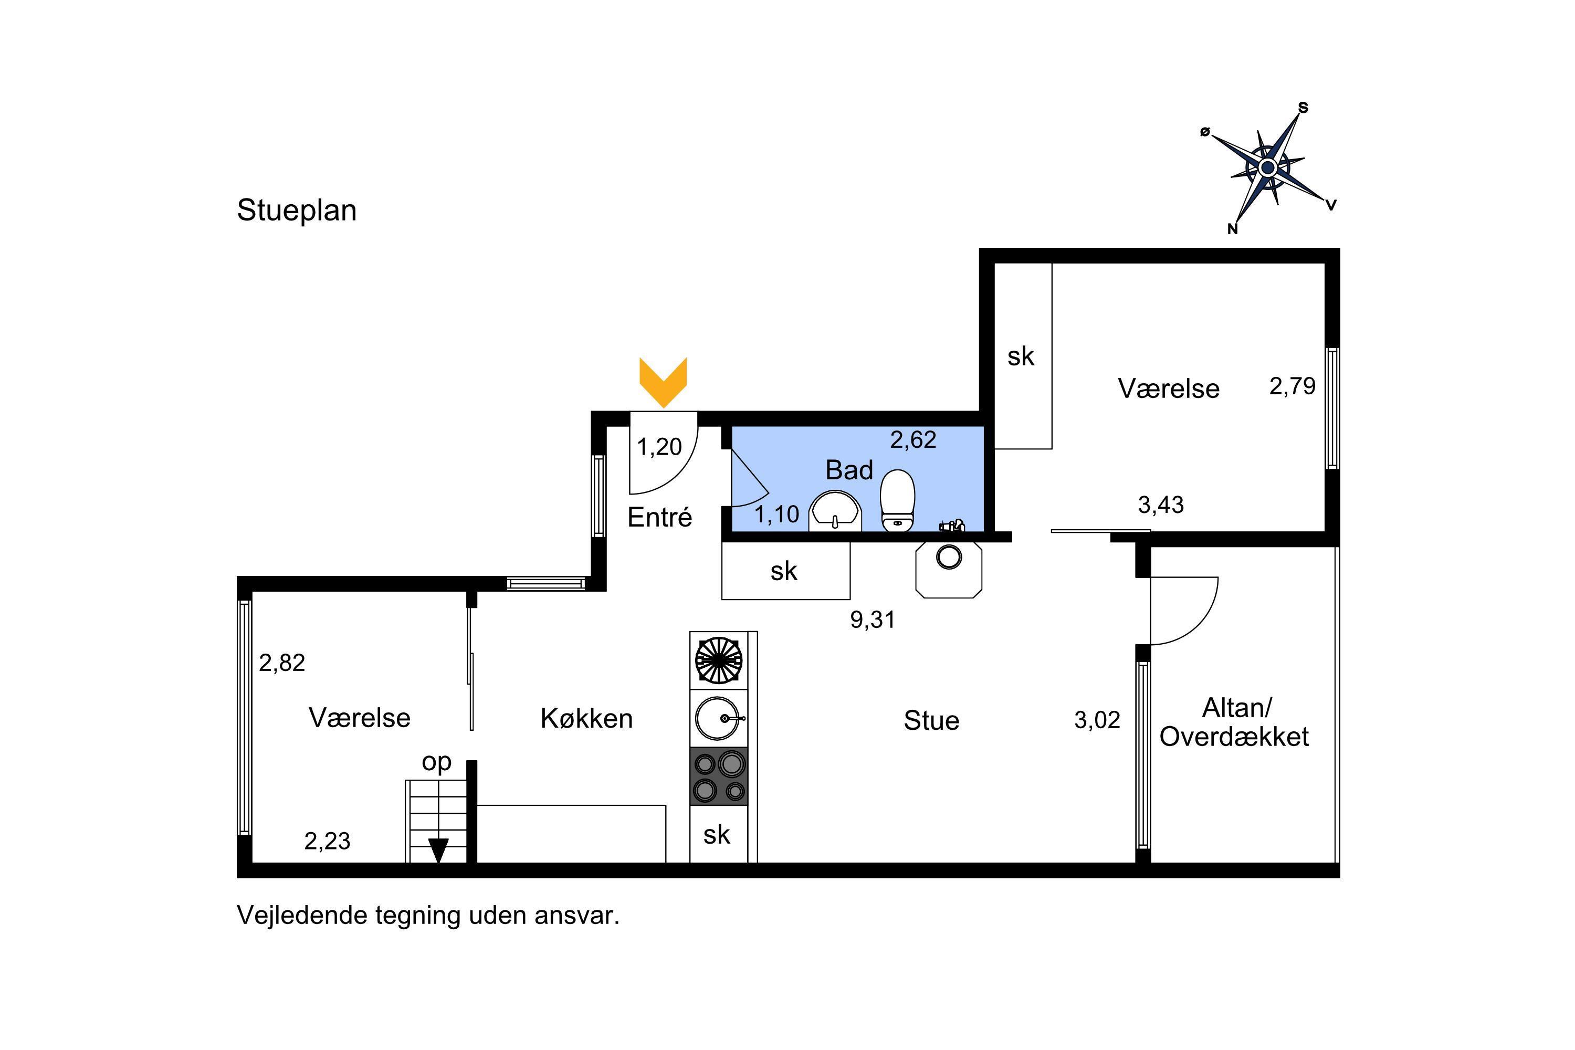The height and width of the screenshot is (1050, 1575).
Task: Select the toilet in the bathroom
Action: (x=897, y=500)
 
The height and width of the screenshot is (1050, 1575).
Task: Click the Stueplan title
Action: (x=297, y=211)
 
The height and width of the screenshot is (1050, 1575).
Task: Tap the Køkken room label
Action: (x=586, y=719)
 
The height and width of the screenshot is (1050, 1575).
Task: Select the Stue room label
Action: (x=931, y=720)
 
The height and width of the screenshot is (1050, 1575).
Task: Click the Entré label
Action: (x=659, y=518)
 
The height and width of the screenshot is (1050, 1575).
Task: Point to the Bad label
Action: (x=849, y=470)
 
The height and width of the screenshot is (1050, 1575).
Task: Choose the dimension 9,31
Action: (x=873, y=620)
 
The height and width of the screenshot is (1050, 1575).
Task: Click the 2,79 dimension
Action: (x=1293, y=386)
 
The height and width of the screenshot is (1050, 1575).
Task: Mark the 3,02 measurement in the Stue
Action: (x=1097, y=720)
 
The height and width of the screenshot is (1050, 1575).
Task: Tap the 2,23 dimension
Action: (x=328, y=841)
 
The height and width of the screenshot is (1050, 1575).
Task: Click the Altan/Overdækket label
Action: (x=1234, y=722)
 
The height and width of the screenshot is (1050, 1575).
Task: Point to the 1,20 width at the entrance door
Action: (x=659, y=447)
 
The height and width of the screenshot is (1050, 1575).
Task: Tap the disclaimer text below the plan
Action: (x=428, y=916)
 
